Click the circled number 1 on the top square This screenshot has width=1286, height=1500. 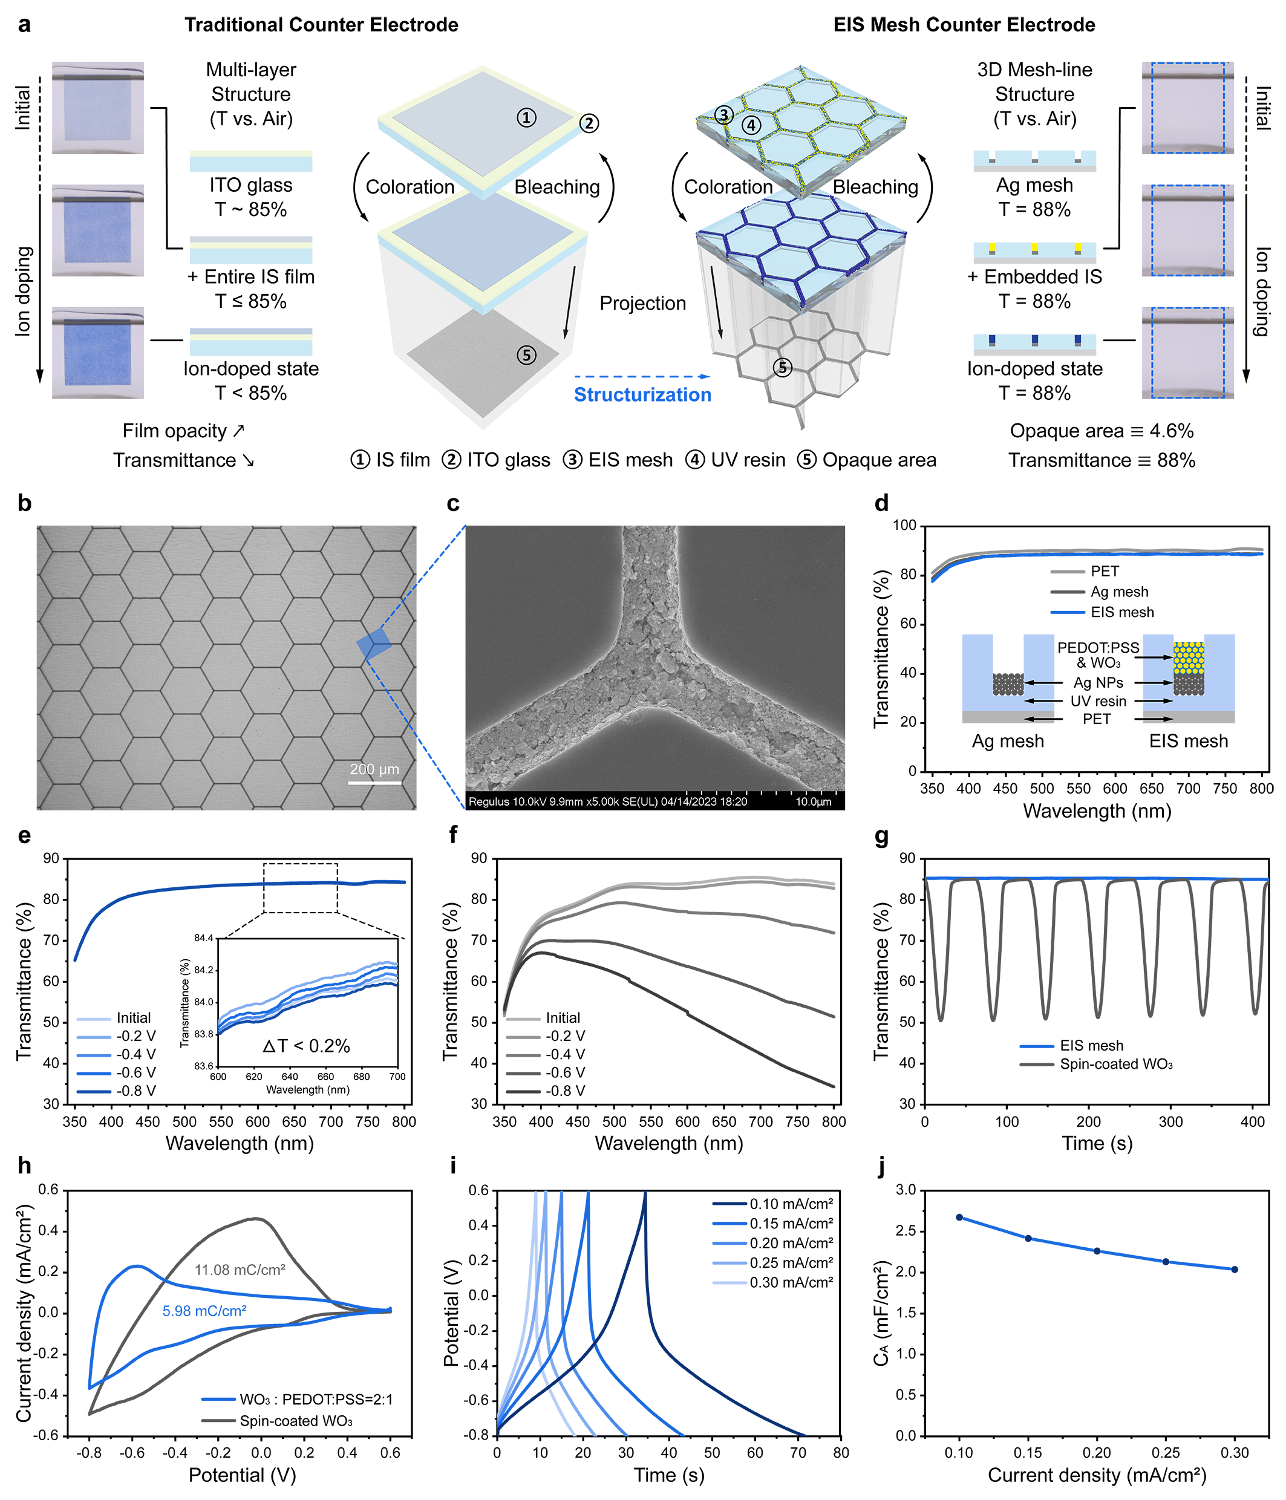[x=526, y=117]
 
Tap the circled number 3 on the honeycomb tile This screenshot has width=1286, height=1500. [x=723, y=114]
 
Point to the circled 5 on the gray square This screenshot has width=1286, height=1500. [x=526, y=354]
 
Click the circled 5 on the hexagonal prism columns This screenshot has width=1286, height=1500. [x=782, y=368]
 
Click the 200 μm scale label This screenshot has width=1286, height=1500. [x=374, y=769]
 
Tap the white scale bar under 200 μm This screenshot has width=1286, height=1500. [x=374, y=782]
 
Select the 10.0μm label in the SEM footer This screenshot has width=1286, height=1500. [x=813, y=801]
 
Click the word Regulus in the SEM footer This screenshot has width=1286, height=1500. [x=489, y=801]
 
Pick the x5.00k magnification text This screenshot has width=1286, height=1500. [x=607, y=801]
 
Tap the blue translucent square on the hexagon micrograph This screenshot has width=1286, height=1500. [x=374, y=643]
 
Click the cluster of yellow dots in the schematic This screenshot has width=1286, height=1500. [x=1188, y=657]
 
